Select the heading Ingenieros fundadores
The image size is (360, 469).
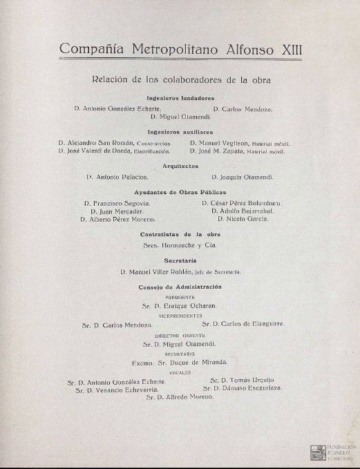pos(180,98)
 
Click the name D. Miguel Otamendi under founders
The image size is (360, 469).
pos(181,117)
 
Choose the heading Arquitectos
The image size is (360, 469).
pos(180,166)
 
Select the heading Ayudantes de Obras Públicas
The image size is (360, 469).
pos(180,191)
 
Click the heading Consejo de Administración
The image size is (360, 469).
pos(180,286)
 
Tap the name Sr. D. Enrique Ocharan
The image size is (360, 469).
pos(180,304)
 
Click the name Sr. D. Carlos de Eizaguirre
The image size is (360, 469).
pos(243,323)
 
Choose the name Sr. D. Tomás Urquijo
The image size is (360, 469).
pos(241,381)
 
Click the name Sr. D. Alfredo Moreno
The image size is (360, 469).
pos(180,398)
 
